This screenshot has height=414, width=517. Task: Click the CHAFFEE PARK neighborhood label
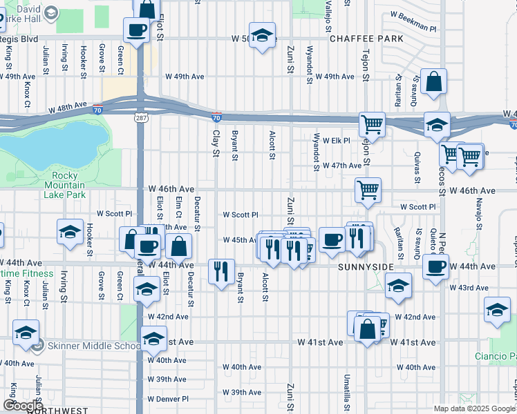pyautogui.click(x=366, y=39)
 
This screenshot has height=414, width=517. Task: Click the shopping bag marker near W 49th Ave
pyautogui.click(x=433, y=81)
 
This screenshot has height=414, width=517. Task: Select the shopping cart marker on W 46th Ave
pyautogui.click(x=368, y=189)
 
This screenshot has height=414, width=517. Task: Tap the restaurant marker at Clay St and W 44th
pyautogui.click(x=221, y=271)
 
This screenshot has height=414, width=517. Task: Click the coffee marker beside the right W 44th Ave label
pyautogui.click(x=435, y=266)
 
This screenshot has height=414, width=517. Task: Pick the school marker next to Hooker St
pyautogui.click(x=70, y=233)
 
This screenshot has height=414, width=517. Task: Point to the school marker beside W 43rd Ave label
pyautogui.click(x=399, y=286)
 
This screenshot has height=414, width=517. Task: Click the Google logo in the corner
pyautogui.click(x=23, y=406)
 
